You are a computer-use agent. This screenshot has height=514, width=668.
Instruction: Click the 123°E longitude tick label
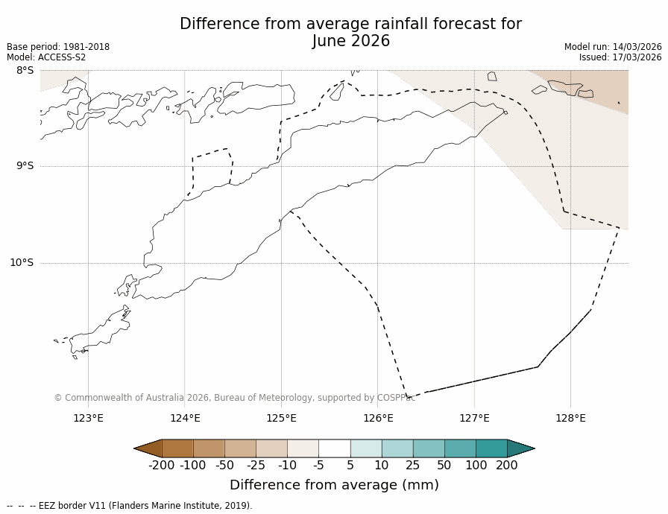point(88,418)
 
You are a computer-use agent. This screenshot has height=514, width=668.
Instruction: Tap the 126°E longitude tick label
point(378,418)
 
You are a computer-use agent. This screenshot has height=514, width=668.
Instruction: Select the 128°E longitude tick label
point(570,418)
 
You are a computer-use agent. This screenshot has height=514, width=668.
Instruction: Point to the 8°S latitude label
point(25,71)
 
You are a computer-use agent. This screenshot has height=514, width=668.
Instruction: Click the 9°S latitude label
point(25,166)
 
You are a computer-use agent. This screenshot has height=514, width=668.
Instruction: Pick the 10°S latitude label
point(22,262)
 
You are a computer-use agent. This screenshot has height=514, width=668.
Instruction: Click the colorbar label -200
point(161,466)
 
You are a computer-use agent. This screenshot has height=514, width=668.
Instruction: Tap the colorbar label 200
point(507,466)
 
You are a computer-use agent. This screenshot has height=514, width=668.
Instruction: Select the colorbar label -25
point(256,466)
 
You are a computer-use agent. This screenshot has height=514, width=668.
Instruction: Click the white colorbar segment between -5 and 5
point(334,448)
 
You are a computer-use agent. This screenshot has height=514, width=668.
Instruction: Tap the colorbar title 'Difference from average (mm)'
point(334,485)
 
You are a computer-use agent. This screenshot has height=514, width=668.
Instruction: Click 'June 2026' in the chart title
point(350,42)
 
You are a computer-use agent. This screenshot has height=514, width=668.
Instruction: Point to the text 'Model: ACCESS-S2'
point(46,57)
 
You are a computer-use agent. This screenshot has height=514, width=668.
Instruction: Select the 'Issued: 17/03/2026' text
point(620,57)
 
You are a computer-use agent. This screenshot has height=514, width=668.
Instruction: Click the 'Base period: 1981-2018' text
point(58,47)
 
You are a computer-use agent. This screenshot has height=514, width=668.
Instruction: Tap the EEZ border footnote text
point(130,506)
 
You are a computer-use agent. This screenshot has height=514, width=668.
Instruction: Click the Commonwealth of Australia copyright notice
point(234,398)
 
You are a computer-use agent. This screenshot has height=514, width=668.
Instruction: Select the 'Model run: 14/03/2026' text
point(613,47)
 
